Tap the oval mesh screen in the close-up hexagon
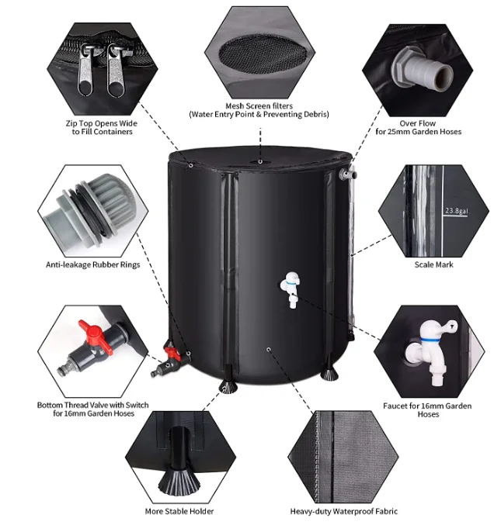[258, 53]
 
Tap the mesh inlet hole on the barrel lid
[259, 162]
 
